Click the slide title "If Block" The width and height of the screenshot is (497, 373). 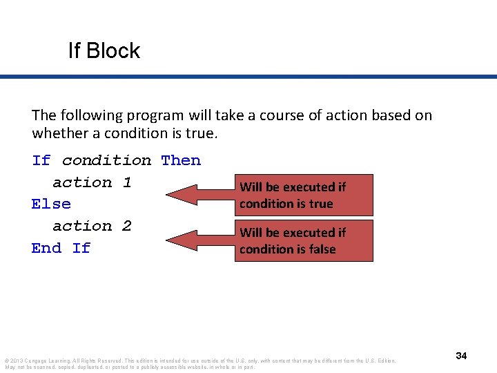pos(104,50)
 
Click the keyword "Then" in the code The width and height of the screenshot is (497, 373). pos(181,160)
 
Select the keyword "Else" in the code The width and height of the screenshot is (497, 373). pos(51,204)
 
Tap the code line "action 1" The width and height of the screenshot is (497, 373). pos(92,182)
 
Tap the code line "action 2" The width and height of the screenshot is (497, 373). pos(92,226)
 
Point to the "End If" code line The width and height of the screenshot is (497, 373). pos(61,248)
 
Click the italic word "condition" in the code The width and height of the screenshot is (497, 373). pos(106,160)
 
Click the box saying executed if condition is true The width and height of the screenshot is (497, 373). pos(304,195)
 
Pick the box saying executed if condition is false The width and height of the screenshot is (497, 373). pos(304,240)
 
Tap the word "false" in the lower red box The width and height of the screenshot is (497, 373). pos(322,249)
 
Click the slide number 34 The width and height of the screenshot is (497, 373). pos(461,356)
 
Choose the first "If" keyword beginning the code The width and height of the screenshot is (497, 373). pos(41,160)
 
